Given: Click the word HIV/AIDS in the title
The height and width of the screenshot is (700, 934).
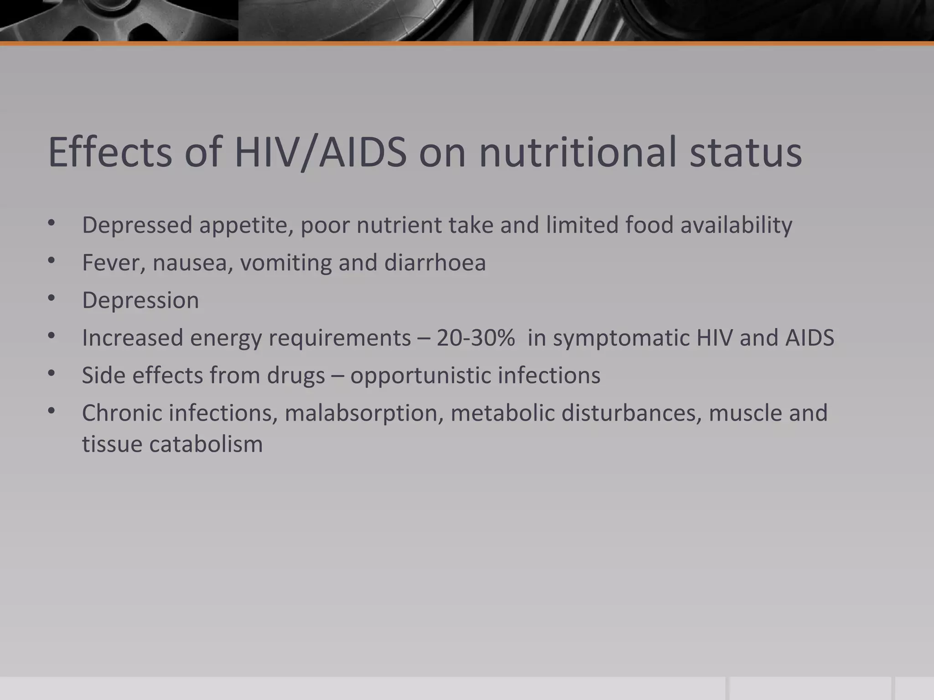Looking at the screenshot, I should [320, 152].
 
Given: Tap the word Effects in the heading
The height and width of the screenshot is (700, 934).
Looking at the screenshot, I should [110, 152].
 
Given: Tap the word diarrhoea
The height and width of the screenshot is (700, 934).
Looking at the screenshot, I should [435, 263].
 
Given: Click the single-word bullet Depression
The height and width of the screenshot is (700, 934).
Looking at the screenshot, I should [140, 301].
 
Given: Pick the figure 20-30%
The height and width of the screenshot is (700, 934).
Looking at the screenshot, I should [476, 338].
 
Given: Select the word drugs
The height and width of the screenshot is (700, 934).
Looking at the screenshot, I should [296, 376].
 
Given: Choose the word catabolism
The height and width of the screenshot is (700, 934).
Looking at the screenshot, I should [206, 444].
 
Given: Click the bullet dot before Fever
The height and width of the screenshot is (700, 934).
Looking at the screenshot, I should [51, 261].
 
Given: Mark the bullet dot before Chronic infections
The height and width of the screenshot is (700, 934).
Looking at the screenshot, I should [51, 412].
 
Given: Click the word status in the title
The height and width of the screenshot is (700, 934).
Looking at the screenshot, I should [745, 152].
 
